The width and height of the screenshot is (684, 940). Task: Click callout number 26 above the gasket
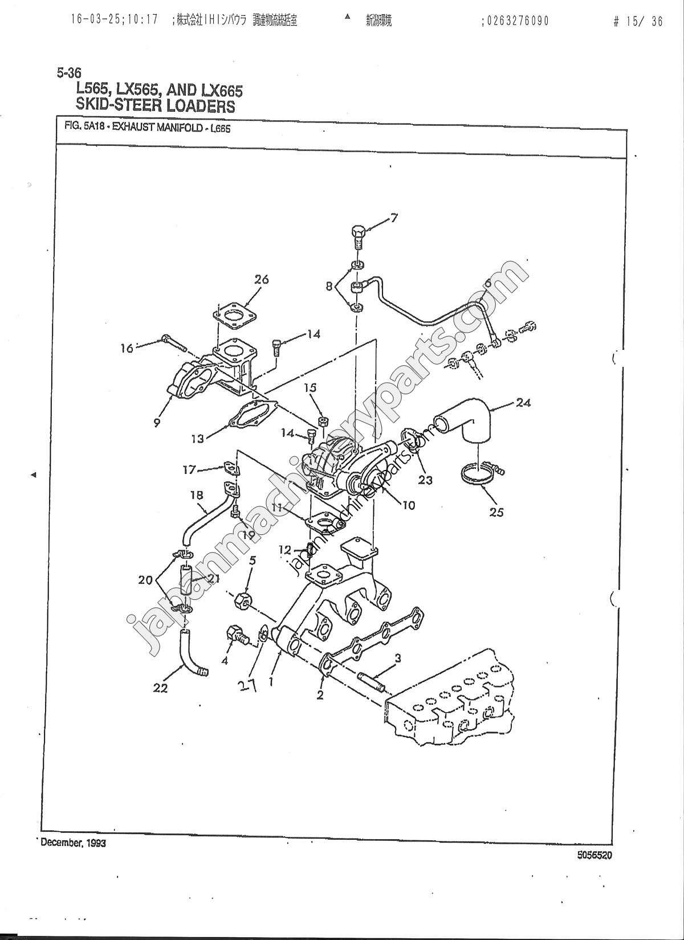click(261, 280)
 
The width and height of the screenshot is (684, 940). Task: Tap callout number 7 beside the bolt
click(393, 217)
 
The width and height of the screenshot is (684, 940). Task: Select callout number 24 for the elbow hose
click(523, 402)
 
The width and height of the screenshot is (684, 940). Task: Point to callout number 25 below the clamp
click(496, 512)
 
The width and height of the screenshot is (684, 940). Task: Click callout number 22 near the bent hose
click(160, 688)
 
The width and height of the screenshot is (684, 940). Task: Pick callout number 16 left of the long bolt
click(127, 348)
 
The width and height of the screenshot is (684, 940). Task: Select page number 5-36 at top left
click(69, 72)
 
